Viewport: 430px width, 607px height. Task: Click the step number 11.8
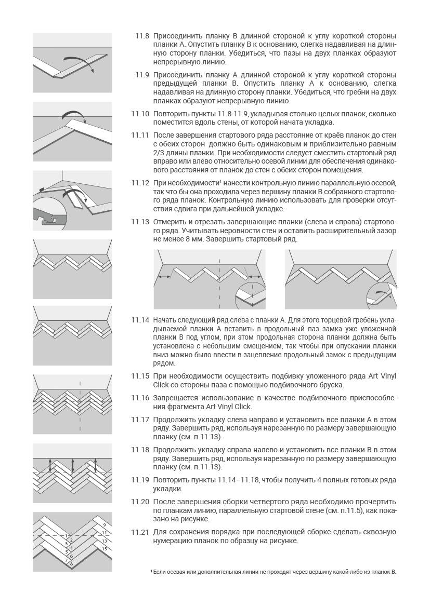pyautogui.click(x=142, y=36)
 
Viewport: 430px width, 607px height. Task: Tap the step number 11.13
pyautogui.click(x=140, y=222)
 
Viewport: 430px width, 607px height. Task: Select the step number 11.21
pyautogui.click(x=140, y=532)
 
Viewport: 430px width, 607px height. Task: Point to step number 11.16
pyautogui.click(x=140, y=398)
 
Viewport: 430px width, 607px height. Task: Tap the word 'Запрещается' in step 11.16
pyautogui.click(x=177, y=398)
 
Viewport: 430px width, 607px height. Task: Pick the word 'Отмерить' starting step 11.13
pyautogui.click(x=170, y=222)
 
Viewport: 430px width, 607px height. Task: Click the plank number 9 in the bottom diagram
pyautogui.click(x=104, y=525)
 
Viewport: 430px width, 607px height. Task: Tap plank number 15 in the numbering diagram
pyautogui.click(x=104, y=548)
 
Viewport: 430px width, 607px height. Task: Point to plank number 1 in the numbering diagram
pyautogui.click(x=66, y=535)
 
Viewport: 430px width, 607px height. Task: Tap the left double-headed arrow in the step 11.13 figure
pyautogui.click(x=165, y=277)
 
